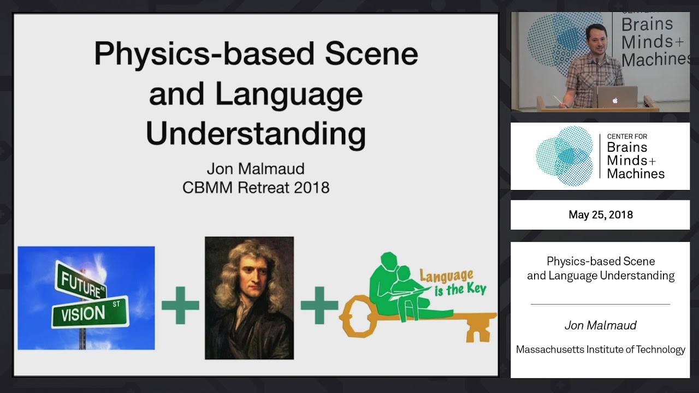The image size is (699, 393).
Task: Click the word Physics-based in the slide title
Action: [x=205, y=55]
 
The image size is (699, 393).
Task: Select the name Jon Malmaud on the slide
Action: [x=256, y=168]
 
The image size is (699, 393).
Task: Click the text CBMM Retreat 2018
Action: [x=256, y=187]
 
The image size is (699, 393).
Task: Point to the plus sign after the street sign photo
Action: [x=180, y=305]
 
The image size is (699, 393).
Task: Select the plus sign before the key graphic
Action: [x=319, y=305]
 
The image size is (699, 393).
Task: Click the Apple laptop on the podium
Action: [x=616, y=97]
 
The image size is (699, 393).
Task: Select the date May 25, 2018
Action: [x=600, y=215]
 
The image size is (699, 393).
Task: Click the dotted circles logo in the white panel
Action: [x=564, y=156]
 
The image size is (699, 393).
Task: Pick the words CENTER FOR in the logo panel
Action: [x=627, y=136]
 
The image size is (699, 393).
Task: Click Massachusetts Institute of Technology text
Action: [x=600, y=349]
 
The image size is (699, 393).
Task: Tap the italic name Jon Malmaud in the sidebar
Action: [x=600, y=325]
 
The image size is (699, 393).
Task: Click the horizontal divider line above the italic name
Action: [x=600, y=304]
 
